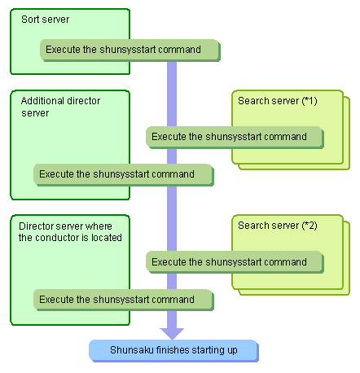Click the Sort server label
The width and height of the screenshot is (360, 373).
point(45,20)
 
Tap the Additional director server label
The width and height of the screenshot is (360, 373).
point(60,107)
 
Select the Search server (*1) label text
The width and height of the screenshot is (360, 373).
point(278,101)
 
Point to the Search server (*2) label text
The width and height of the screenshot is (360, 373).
point(278,226)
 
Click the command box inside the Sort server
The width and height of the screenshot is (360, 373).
point(130,50)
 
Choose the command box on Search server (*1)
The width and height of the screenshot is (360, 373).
point(235,138)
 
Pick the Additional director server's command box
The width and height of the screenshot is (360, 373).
point(124,175)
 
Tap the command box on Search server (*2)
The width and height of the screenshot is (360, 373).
point(235,262)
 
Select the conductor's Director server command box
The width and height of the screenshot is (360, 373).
point(124,300)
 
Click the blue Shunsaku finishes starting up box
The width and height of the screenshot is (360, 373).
point(173,351)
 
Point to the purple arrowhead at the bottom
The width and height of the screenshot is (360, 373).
point(172,334)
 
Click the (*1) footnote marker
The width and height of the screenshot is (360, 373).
point(310,101)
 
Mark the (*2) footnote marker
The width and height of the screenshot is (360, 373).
point(310,226)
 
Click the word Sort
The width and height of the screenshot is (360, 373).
point(30,20)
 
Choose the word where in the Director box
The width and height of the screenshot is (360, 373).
point(99,226)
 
